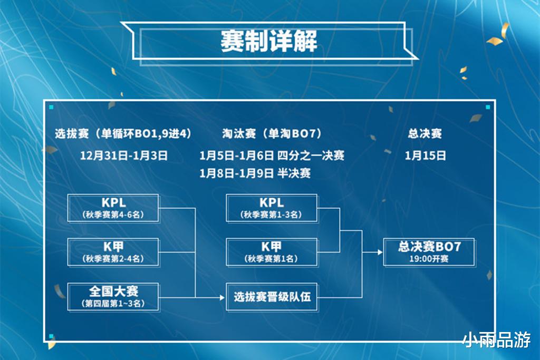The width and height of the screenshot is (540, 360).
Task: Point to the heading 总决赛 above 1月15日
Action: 425,133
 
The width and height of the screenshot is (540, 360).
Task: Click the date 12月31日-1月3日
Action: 124,155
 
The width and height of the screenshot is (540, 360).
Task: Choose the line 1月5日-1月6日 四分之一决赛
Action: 272,155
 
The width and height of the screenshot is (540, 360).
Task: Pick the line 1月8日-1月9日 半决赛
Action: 255,173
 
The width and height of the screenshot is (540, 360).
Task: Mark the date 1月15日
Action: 426,155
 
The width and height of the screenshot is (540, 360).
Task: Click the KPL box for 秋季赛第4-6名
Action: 113,208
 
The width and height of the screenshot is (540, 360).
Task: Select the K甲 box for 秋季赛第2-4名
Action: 113,251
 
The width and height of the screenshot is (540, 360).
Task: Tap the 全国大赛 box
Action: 113,296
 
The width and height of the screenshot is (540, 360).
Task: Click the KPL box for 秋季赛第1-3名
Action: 272,208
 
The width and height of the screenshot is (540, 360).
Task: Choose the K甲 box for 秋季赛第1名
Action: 272,251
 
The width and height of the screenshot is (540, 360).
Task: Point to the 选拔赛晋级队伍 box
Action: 272,297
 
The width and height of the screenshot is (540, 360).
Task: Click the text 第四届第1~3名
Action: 113,304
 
